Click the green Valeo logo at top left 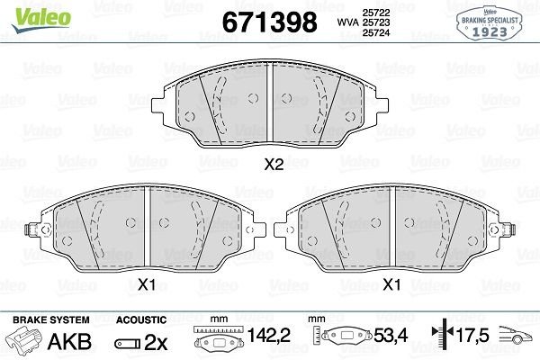point(26,12)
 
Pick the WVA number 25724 point(370,34)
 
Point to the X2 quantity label point(273,164)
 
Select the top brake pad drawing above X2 point(270,109)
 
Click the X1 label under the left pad point(148,285)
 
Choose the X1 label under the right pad point(391,285)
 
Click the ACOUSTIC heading point(141,319)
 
